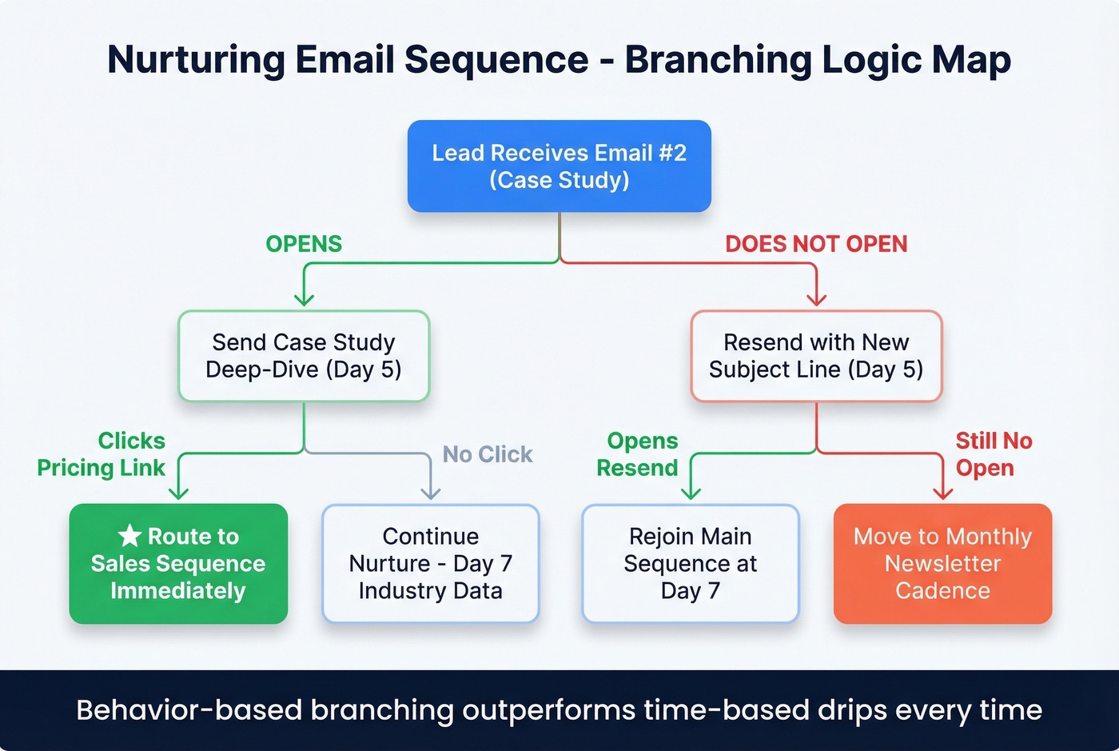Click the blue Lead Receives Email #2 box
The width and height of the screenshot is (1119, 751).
[559, 166]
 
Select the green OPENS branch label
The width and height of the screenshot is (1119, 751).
[304, 244]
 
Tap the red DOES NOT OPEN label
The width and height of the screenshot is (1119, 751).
[816, 244]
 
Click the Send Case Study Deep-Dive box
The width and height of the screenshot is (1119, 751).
[304, 356]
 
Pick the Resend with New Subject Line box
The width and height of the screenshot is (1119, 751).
[816, 356]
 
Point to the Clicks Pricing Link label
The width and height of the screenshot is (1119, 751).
[102, 454]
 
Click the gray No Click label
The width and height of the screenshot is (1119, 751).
[488, 454]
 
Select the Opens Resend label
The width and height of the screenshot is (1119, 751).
[638, 454]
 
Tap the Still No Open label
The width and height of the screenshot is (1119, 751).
[994, 454]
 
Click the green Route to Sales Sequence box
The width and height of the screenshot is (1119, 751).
[178, 564]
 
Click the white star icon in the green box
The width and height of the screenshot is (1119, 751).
[129, 536]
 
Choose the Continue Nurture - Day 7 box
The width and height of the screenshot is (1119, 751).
[431, 564]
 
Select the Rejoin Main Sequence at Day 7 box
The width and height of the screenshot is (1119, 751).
[691, 564]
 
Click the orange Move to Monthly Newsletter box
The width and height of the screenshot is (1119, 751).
[942, 564]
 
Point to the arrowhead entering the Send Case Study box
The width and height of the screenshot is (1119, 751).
[304, 300]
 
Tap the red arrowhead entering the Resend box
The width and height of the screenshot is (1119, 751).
[816, 300]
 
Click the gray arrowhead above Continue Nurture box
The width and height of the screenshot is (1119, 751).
[431, 493]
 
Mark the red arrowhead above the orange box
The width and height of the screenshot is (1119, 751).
[943, 493]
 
